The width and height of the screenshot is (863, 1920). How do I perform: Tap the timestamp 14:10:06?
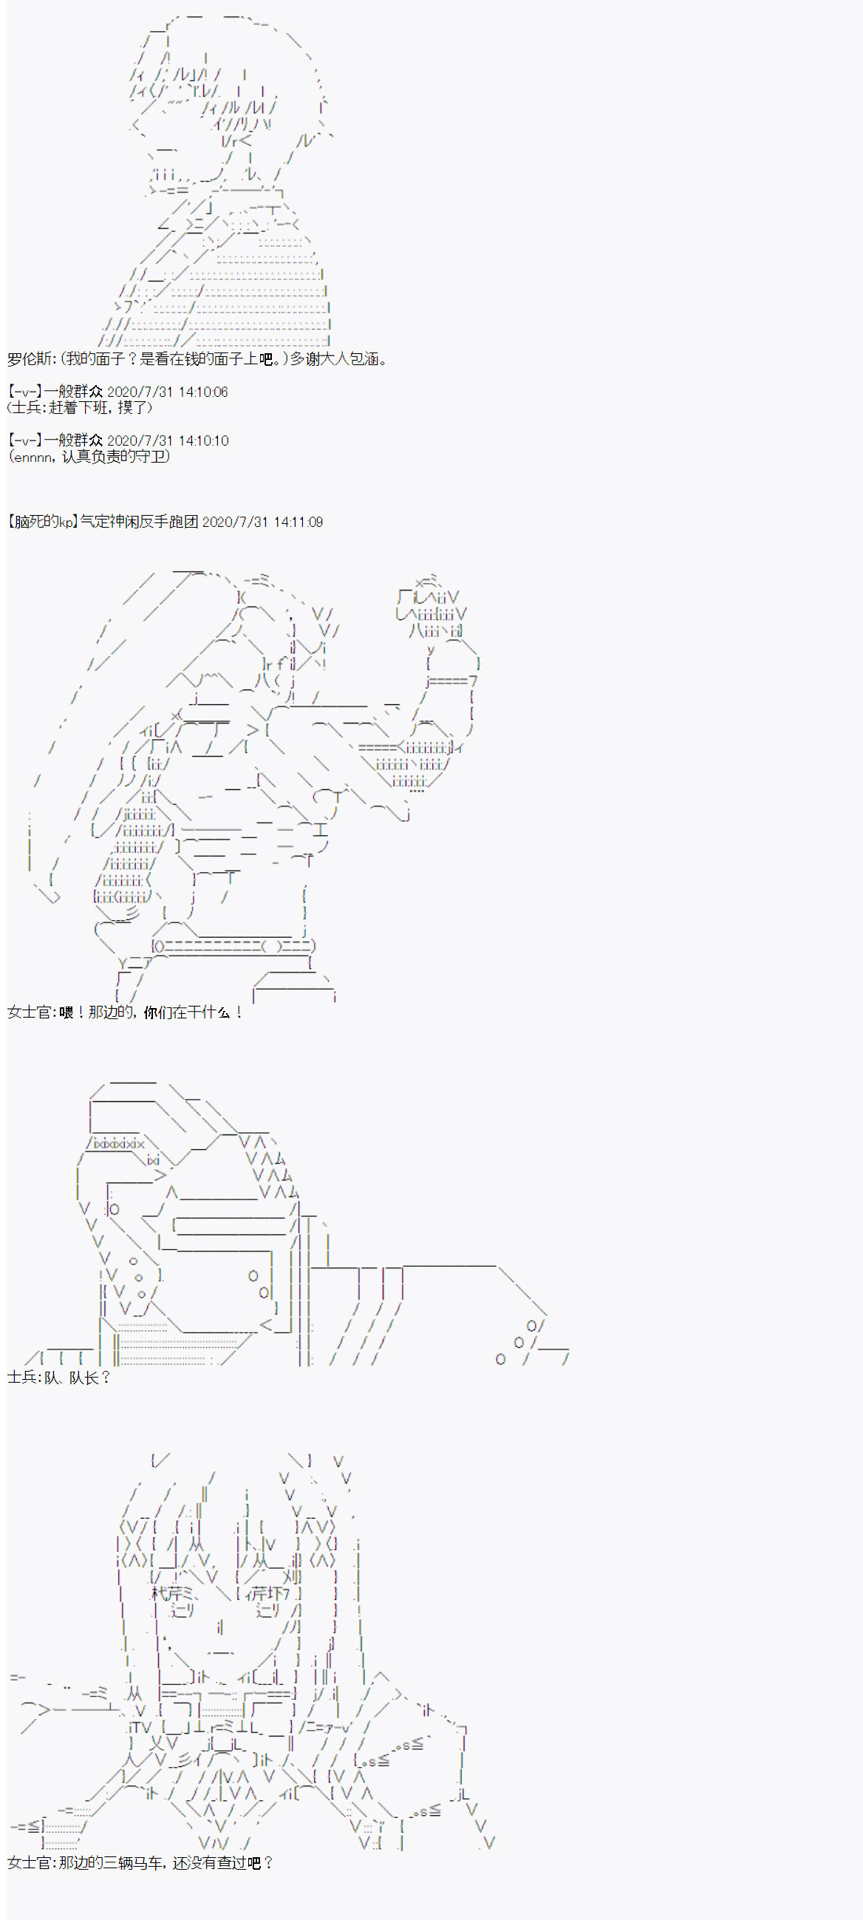pos(202,392)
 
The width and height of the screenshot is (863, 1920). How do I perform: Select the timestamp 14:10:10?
pos(203,440)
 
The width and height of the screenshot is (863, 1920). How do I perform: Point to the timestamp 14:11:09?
pos(298,522)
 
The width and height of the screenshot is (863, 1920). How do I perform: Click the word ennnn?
pos(33,457)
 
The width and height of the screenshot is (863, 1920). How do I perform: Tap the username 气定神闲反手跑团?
pos(140,522)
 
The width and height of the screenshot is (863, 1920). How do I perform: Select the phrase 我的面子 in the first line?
pos(93,359)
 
